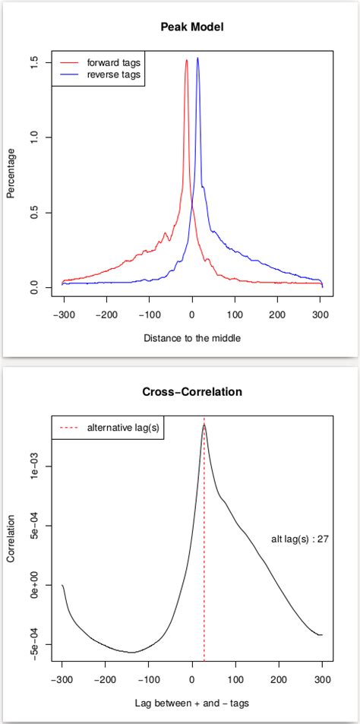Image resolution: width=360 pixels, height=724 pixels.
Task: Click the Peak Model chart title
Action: tap(192, 27)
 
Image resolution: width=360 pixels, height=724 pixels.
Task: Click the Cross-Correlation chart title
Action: tap(192, 392)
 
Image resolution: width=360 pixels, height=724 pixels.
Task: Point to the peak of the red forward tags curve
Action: tap(186, 61)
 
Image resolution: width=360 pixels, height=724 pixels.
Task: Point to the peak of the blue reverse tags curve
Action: tap(197, 58)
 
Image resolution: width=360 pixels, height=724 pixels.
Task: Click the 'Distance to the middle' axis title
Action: tap(192, 337)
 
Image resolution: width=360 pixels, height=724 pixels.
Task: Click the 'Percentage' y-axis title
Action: tap(11, 173)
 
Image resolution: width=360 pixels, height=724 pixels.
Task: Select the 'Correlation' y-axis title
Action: tap(11, 539)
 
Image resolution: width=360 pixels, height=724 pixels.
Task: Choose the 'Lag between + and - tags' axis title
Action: tap(192, 703)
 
